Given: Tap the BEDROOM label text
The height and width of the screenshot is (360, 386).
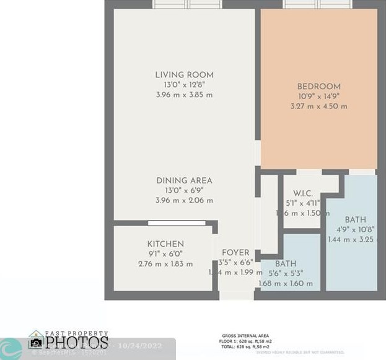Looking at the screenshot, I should click(318, 86).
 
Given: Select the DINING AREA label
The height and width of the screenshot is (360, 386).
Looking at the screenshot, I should click(184, 180).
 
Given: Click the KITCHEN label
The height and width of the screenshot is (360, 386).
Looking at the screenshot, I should click(165, 244).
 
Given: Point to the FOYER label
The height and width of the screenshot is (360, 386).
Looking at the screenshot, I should click(235, 253).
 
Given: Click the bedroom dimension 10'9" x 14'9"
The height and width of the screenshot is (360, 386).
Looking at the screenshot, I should click(318, 96).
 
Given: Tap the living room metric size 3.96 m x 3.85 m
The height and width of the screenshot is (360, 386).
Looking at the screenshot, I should click(184, 95).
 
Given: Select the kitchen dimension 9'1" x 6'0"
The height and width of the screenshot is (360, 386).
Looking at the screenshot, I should click(165, 254).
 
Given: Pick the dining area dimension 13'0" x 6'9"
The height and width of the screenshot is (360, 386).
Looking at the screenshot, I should click(184, 190).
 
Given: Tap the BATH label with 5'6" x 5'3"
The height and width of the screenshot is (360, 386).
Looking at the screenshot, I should click(286, 264).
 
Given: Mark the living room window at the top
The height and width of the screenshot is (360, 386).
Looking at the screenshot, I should click(188, 4).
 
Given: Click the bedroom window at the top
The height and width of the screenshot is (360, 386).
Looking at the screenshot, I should click(318, 4).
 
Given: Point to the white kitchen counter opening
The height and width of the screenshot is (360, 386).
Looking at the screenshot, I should click(177, 224).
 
